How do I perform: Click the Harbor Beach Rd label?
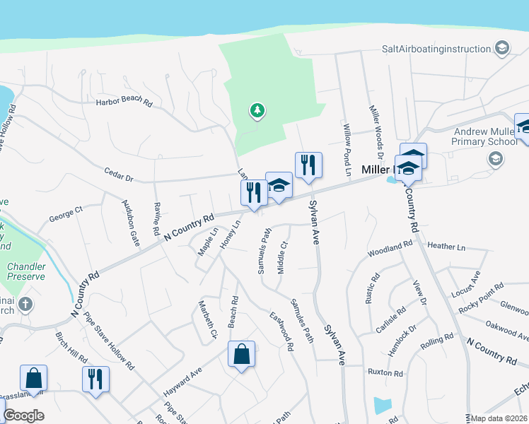coord(124,102)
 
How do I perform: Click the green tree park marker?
coord(257,111)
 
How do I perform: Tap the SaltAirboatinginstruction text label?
coord(436,49)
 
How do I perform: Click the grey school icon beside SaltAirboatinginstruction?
coord(501,48)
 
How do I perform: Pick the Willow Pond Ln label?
coord(347,141)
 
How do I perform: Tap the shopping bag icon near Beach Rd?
coord(242,354)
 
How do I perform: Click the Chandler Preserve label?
coord(26,272)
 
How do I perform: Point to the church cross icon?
coord(25,305)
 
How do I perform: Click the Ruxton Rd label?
coord(385,372)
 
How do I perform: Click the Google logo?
coord(23,416)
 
